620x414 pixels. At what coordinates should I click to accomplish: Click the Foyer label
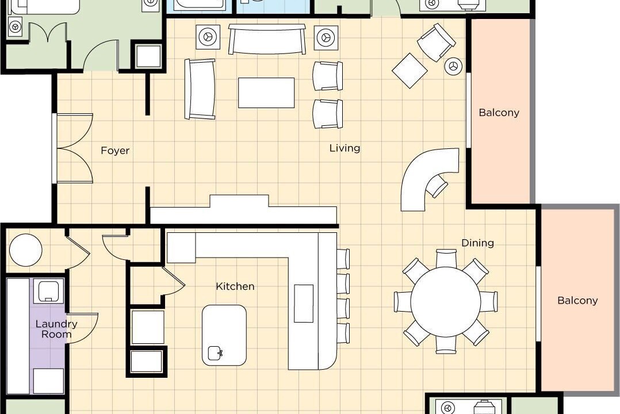[x=115, y=151]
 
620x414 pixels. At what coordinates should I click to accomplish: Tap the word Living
[x=345, y=148]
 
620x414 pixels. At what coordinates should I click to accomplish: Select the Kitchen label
[x=235, y=286]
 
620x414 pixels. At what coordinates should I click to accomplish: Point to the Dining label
[x=477, y=243]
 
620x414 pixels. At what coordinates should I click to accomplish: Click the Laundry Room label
[x=56, y=329]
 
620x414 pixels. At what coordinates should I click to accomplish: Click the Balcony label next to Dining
[x=577, y=301]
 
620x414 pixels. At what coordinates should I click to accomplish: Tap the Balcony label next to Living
[x=499, y=113]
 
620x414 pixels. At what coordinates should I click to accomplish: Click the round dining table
[x=446, y=302]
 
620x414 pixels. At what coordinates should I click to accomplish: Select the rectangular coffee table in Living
[x=266, y=93]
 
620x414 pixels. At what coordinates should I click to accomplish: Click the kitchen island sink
[x=215, y=352]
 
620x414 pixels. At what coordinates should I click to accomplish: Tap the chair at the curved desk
[x=437, y=185]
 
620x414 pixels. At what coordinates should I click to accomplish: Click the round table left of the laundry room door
[x=26, y=250]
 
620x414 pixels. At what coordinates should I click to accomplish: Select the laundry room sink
[x=49, y=291]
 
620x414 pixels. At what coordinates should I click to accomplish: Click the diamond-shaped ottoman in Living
[x=409, y=70]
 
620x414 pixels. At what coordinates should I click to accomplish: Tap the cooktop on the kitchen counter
[x=304, y=303]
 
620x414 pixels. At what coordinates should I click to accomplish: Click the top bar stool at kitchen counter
[x=343, y=259]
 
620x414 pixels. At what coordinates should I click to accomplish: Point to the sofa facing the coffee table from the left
[x=200, y=89]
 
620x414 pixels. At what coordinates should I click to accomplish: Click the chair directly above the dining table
[x=446, y=258]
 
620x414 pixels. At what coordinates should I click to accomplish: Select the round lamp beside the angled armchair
[x=453, y=66]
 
